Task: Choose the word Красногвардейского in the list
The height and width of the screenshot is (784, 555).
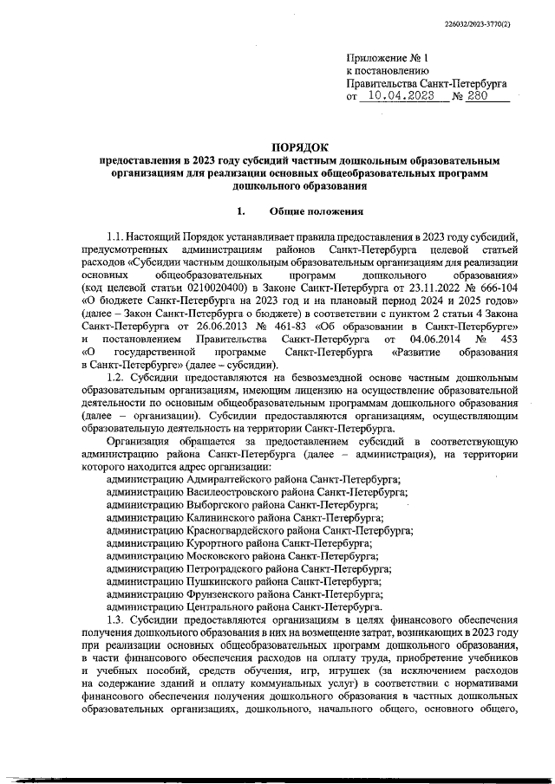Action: click(x=238, y=529)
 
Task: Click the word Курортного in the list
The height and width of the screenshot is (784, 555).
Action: click(x=215, y=542)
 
